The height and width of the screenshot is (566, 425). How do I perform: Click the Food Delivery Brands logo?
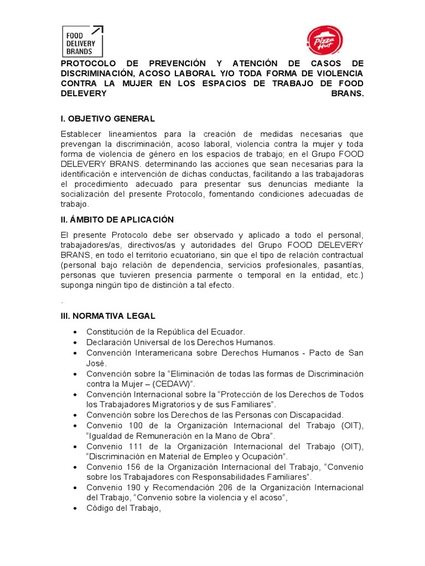click(81, 40)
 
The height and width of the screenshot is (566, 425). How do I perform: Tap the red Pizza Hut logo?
click(324, 41)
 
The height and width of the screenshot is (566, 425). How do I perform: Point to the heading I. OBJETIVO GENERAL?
click(107, 119)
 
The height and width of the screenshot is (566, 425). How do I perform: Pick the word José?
click(95, 363)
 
